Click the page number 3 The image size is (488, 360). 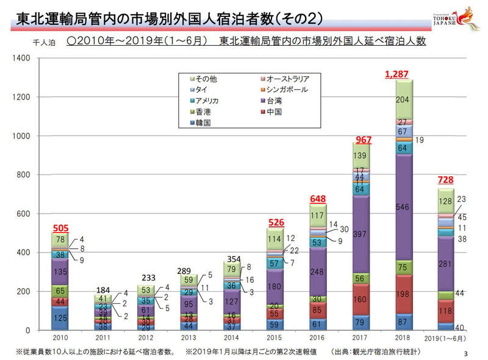[x=466, y=353]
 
